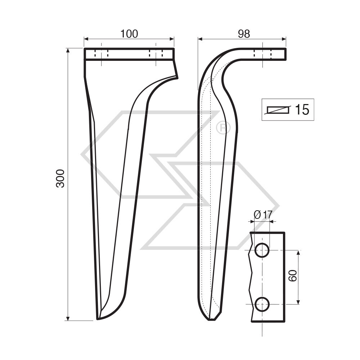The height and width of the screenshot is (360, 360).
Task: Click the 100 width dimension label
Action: (129, 34)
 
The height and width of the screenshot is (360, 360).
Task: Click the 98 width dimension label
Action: (244, 34)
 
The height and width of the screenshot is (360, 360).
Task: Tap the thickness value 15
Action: (302, 110)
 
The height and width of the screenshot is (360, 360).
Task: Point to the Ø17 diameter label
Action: (263, 215)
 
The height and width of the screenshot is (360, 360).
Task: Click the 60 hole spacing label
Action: (292, 276)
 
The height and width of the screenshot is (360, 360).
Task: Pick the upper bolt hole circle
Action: (262, 250)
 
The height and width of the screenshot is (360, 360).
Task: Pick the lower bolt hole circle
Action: (262, 304)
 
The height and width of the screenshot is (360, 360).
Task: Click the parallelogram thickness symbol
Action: (278, 110)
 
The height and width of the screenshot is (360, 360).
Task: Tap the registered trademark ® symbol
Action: (223, 128)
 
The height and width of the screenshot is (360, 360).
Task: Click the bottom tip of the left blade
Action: (98, 319)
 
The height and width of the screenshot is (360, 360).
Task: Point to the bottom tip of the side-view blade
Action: (212, 319)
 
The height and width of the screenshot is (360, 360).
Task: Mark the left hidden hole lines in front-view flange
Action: (102, 54)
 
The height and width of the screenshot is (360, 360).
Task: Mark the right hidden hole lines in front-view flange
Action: (156, 54)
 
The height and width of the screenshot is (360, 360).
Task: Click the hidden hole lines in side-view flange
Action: (263, 54)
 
